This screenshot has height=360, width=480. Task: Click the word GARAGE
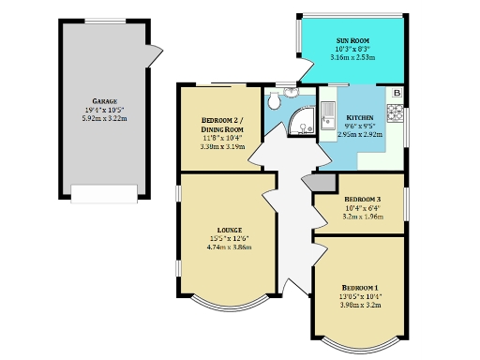[104, 100]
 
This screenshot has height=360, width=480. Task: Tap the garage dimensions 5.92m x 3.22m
[104, 119]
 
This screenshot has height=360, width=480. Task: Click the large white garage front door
[103, 193]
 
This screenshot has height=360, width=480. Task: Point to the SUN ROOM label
[352, 41]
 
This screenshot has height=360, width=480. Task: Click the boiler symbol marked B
[397, 93]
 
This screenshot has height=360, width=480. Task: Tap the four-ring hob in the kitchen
[397, 114]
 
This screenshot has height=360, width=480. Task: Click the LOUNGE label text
[229, 230]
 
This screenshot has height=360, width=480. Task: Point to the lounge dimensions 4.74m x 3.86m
[229, 248]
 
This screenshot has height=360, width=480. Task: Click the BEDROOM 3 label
[362, 200]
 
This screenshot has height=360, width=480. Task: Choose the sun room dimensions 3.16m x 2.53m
[352, 58]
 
